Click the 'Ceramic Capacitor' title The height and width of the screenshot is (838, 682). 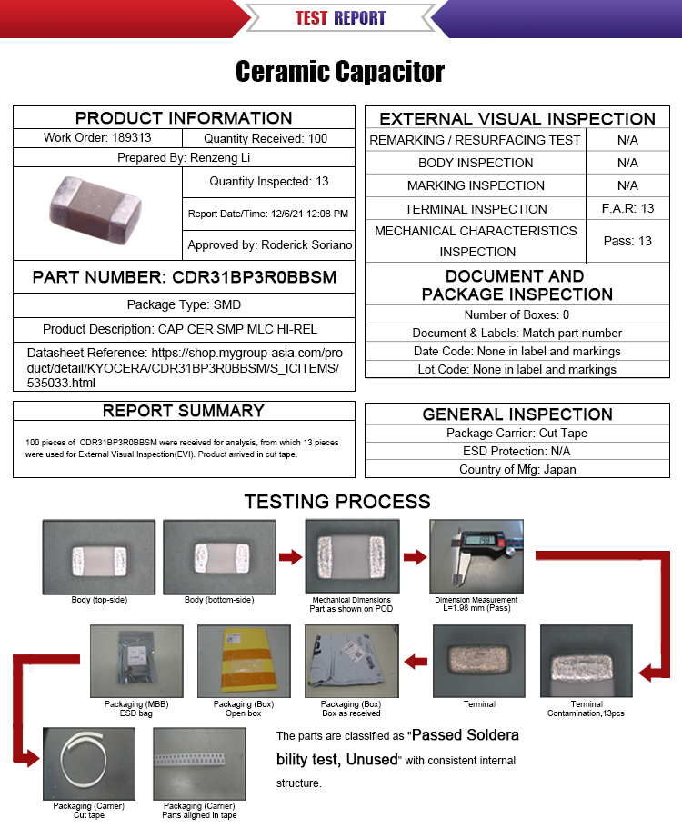coord(340,72)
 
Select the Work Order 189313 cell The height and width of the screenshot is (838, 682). coord(97,138)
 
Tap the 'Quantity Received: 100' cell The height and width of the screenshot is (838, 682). coord(266,138)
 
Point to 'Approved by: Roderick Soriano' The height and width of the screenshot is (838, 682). coord(270,244)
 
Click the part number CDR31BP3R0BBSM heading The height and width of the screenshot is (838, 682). coord(184,276)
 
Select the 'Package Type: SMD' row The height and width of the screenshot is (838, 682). coord(184,304)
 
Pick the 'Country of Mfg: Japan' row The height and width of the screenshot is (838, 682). coord(517,469)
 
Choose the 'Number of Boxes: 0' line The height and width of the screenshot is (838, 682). coord(517,314)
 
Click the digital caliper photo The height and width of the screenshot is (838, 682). coord(476,557)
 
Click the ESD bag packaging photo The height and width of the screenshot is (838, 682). coord(136,661)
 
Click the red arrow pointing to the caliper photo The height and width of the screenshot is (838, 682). coord(415,557)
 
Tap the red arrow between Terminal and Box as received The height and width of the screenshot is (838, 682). coord(416,661)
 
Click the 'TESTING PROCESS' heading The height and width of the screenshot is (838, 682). coord(336,501)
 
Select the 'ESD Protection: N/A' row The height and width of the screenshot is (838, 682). coord(517,451)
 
